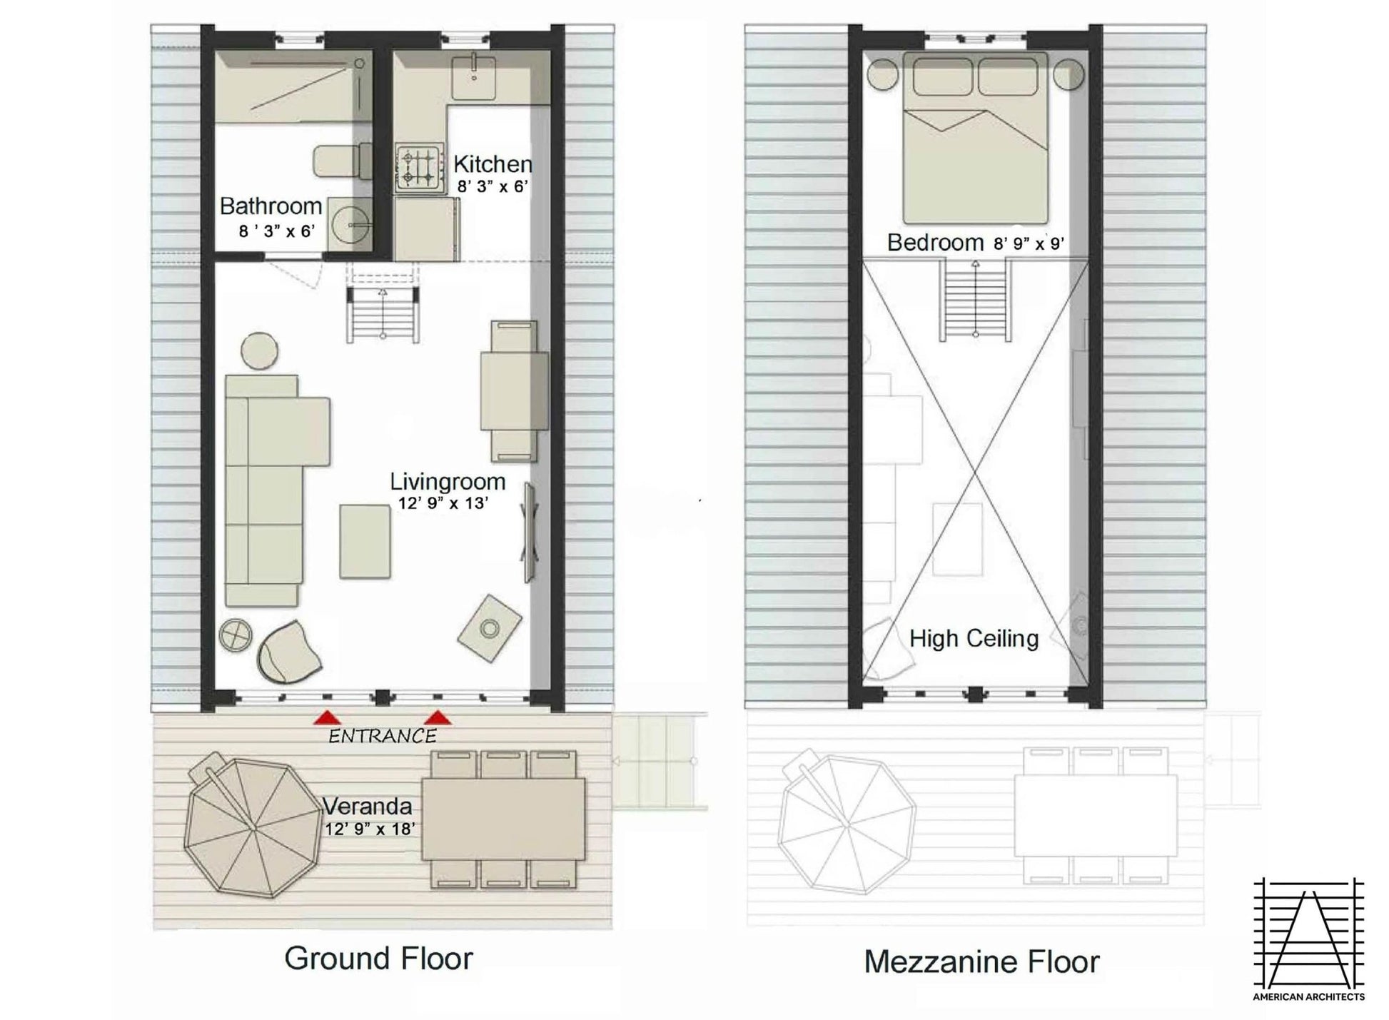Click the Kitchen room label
point(493,164)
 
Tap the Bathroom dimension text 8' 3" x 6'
point(277,231)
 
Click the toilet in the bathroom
point(343,161)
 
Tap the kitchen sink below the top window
point(474,77)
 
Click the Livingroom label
point(448,482)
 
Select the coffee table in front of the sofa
point(365,541)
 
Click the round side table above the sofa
point(259,350)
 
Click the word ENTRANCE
point(383,736)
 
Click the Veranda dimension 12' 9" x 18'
point(370,829)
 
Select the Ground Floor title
point(378,958)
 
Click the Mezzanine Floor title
point(981,961)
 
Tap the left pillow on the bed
point(942,76)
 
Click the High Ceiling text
point(974,638)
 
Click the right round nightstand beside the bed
point(1068,74)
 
